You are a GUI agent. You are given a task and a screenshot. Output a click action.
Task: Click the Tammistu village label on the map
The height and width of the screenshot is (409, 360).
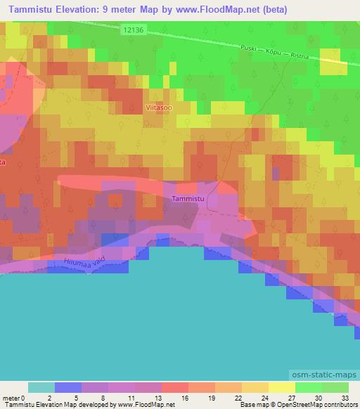point(188,200)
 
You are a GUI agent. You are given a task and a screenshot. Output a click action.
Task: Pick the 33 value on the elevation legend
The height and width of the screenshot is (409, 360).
point(344,398)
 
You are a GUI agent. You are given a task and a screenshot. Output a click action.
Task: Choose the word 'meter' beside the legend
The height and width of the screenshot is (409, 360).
point(11,398)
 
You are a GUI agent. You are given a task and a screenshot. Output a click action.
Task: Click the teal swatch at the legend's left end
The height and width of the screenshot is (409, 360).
point(41,387)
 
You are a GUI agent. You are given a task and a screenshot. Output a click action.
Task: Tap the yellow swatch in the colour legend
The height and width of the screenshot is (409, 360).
point(282,387)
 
